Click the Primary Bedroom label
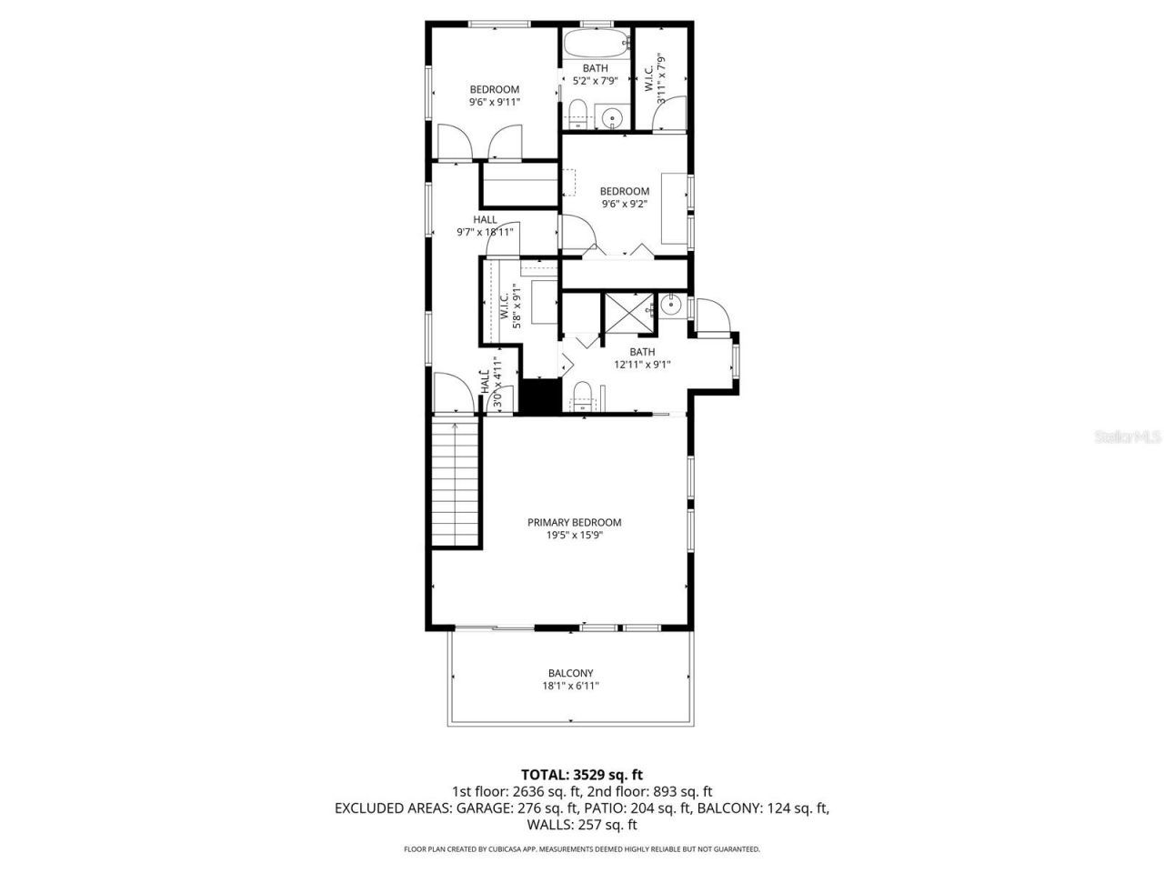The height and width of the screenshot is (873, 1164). [574, 522]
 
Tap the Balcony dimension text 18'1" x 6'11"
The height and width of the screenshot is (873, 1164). [572, 686]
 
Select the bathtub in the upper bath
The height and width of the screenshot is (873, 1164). [596, 42]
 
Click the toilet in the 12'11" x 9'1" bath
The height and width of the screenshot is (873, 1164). [582, 396]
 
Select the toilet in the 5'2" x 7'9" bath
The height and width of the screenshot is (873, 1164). [577, 115]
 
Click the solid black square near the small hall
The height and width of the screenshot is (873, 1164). [538, 397]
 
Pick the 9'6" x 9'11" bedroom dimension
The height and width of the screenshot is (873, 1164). [494, 103]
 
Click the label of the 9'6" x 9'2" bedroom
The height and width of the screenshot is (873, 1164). [624, 191]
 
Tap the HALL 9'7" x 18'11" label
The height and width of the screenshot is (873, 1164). [485, 226]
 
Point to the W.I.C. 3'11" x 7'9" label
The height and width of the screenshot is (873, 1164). [655, 73]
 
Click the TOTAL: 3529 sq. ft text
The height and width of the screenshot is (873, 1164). [582, 775]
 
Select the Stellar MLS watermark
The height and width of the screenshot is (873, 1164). [1128, 436]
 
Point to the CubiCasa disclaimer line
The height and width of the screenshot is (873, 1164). [582, 848]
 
